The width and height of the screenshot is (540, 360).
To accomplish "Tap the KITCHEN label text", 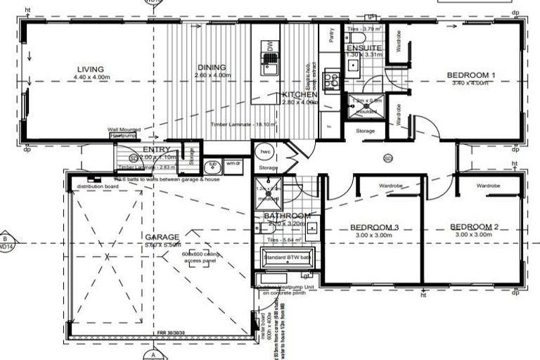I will [300, 95].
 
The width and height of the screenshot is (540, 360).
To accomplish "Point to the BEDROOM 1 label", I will [472, 75].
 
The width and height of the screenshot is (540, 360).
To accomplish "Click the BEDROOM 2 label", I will [475, 226].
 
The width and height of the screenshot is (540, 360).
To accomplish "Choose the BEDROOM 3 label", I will [376, 226].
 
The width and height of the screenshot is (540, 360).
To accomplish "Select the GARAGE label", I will [162, 237].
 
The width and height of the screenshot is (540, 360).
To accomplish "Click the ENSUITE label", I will [364, 48].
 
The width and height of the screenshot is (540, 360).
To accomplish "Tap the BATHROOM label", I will [288, 216].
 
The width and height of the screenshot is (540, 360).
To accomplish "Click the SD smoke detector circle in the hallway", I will [387, 158].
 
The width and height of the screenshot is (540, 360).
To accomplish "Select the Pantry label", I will [327, 32].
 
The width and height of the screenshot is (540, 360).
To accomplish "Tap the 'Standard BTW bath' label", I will [289, 259].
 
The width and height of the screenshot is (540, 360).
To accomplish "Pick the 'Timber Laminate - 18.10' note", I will [239, 124].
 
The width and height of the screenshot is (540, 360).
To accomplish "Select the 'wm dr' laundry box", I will [233, 164].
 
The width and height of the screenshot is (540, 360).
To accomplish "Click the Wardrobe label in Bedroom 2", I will [487, 186].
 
